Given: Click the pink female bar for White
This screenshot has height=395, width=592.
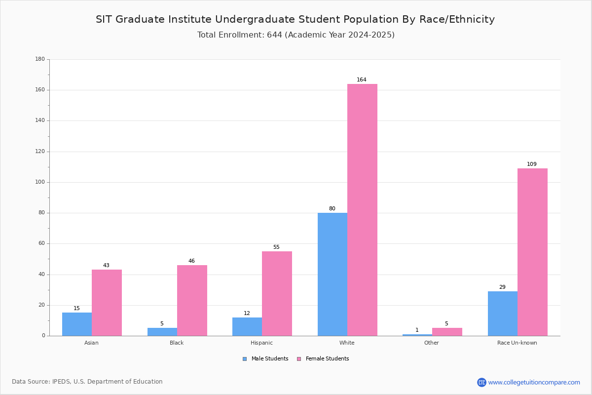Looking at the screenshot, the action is (362, 210).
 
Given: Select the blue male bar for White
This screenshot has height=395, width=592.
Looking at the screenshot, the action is (333, 275).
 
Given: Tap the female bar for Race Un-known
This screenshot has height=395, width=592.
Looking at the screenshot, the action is (532, 252).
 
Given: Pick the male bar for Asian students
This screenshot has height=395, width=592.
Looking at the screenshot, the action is (77, 324).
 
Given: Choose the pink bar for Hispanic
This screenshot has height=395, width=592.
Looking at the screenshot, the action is (277, 294).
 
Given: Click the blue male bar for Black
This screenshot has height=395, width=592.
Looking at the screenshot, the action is (162, 332).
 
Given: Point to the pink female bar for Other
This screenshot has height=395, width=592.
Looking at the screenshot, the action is (447, 332).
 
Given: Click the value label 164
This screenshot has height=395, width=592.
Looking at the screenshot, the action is (362, 79).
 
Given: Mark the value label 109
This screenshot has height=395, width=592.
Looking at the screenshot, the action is (532, 164).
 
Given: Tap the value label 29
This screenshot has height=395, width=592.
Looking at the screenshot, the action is (502, 287).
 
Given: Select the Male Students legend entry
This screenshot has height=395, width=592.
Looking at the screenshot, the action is (265, 359).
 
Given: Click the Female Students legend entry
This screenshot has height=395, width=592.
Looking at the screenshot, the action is (323, 359).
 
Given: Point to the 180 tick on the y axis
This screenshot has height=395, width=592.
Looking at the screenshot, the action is (40, 59).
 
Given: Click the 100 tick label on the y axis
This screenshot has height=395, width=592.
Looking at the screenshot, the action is (40, 182).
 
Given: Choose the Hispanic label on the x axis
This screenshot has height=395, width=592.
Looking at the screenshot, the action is (261, 343).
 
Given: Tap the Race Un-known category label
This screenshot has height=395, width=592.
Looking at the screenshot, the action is (517, 343).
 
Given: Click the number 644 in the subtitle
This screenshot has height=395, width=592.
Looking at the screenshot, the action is (275, 35).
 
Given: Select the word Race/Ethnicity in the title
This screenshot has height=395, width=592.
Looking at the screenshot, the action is (457, 19).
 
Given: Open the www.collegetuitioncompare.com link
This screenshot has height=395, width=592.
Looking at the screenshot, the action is (534, 382).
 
